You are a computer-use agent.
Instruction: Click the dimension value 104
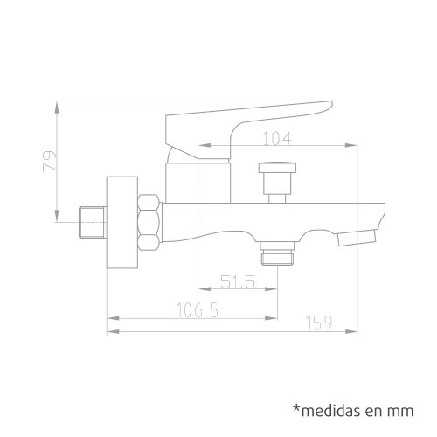[277, 138]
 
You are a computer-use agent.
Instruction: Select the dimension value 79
[50, 162]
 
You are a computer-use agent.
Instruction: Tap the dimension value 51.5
[238, 281]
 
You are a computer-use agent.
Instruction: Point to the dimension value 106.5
[198, 310]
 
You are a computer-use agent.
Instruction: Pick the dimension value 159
[319, 323]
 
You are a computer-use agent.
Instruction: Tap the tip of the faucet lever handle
[330, 104]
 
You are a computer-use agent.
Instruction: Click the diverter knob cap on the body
[277, 167]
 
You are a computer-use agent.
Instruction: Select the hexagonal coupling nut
[149, 223]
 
